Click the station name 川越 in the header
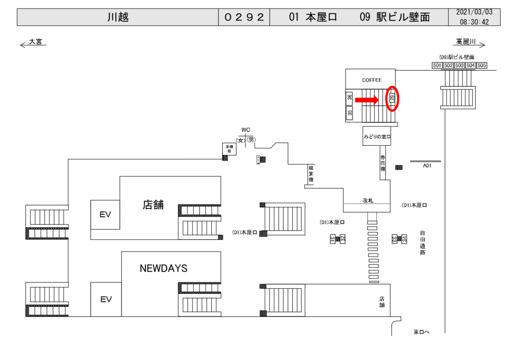(118, 17)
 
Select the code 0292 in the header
(244, 17)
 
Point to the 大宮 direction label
(35, 42)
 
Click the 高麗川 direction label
(466, 42)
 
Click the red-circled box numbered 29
(392, 98)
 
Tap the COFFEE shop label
(371, 80)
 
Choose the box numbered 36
(350, 98)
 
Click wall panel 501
(437, 66)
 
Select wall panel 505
(482, 66)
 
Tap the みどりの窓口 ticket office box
(377, 136)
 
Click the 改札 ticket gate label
(368, 199)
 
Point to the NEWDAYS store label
(164, 269)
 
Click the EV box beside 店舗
(105, 214)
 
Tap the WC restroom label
(246, 130)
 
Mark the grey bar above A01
(425, 161)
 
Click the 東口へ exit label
(421, 332)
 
